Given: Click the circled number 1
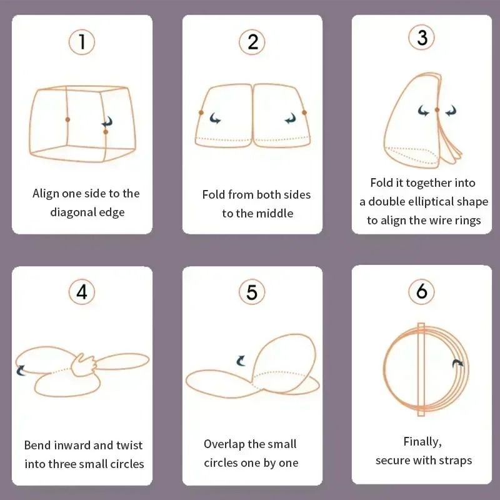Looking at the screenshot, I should click(x=82, y=42).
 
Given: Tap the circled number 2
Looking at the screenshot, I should click(x=252, y=42).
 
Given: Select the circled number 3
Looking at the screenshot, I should click(x=422, y=38).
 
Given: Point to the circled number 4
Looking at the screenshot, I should click(x=82, y=292).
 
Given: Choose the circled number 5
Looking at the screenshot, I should click(x=252, y=292).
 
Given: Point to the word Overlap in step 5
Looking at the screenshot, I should click(x=224, y=444).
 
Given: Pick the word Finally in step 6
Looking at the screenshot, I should click(x=422, y=442).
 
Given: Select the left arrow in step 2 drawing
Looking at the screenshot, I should click(x=216, y=118).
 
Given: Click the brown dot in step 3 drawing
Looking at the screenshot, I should click(x=437, y=110).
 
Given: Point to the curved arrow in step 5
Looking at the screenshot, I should click(x=241, y=361).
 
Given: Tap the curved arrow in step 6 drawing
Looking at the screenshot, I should click(x=458, y=364).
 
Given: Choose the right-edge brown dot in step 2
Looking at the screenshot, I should click(x=304, y=112).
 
